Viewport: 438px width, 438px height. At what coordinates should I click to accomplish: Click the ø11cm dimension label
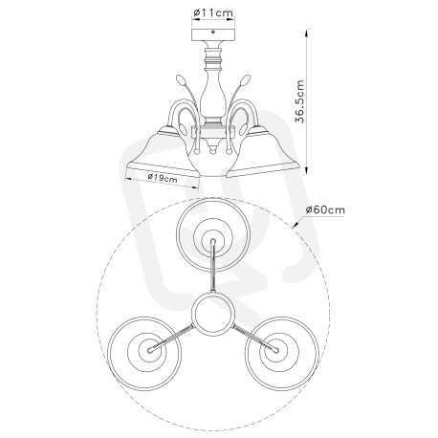pos(213,12)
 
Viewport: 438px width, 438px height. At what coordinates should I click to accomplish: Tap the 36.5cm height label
pos(300,101)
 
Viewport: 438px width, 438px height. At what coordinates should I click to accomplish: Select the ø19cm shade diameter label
pos(163,178)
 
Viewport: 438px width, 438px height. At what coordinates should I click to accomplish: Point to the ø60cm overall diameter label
pos(325,210)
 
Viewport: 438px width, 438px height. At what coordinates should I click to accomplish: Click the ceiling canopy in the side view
pos(213,34)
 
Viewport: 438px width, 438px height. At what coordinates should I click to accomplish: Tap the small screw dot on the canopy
pos(213,32)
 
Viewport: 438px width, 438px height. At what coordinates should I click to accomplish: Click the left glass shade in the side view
pos(164,153)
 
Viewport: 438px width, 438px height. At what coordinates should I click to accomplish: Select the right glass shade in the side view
pos(263,152)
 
